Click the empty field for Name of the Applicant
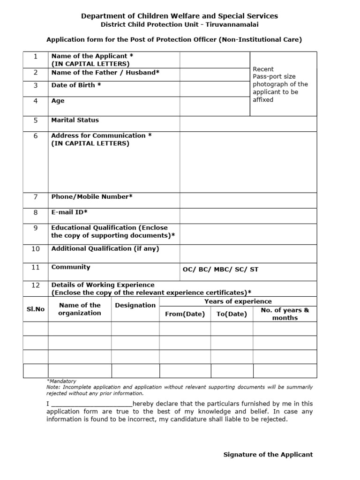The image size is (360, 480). pos(214,60)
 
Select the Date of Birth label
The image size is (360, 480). pos(76,85)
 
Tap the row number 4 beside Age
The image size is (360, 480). pos(36,101)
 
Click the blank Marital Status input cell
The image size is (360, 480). pos(248,124)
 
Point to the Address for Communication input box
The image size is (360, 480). pos(248,162)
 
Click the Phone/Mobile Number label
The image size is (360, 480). pos(92,196)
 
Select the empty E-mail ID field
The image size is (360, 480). pos(248,216)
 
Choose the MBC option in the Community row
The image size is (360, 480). pos(223,270)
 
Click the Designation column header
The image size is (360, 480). pos(135,305)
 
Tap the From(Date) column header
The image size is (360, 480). pos(185,314)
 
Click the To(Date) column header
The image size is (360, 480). pos(232,314)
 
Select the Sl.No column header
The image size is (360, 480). pos(36,309)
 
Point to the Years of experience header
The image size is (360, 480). pos(238,301)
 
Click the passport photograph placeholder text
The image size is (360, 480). pos(280,84)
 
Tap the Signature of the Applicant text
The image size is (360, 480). pos(268,454)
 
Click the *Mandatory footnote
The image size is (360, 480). pos(61,381)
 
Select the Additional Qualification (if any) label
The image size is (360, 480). pos(105,248)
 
